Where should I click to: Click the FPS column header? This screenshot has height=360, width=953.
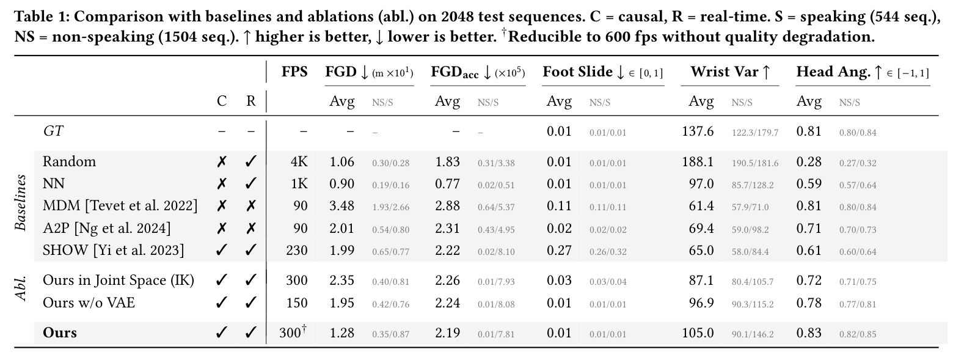[x=294, y=72]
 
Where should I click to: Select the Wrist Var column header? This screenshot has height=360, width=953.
[x=730, y=72]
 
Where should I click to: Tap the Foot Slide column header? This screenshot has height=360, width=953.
[x=602, y=72]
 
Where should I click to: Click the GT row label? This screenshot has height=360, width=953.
[x=53, y=131]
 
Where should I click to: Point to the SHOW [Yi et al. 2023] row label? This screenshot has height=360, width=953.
[x=113, y=250]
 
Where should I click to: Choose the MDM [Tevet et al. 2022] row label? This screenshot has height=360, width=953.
[x=120, y=206]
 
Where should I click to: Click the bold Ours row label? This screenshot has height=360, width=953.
[x=60, y=332]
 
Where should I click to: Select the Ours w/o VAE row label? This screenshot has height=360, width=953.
[x=89, y=303]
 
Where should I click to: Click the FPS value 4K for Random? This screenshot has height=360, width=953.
[x=299, y=162]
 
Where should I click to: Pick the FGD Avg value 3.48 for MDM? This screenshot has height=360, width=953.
[x=341, y=206]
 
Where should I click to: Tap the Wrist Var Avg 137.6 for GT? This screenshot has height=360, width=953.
[x=698, y=131]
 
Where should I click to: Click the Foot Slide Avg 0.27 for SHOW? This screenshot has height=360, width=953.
[x=558, y=250]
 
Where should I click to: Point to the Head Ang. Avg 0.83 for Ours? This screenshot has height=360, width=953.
[x=808, y=332]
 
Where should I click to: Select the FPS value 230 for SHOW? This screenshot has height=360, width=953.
[x=296, y=250]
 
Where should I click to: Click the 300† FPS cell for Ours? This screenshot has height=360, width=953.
[x=294, y=332]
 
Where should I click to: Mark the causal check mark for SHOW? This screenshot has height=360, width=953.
[x=221, y=250]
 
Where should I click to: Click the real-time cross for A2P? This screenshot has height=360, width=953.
[x=251, y=229]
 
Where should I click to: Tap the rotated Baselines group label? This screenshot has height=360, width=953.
[x=20, y=202]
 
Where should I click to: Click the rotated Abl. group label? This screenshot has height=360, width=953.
[x=20, y=288]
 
